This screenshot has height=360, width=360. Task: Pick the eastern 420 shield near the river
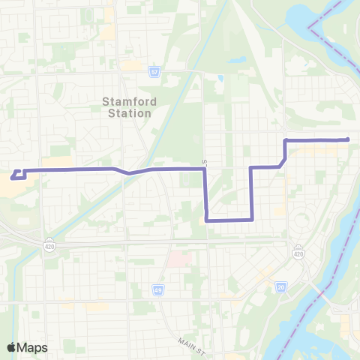point(298,253)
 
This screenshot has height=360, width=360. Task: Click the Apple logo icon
point(11,348)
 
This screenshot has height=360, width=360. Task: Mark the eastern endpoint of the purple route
point(348,139)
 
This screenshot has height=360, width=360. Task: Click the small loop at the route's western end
point(18,175)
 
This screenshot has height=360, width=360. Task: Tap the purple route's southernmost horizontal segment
point(228,220)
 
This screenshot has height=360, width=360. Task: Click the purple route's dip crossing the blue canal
point(129,173)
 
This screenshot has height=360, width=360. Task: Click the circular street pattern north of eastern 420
point(301,220)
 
